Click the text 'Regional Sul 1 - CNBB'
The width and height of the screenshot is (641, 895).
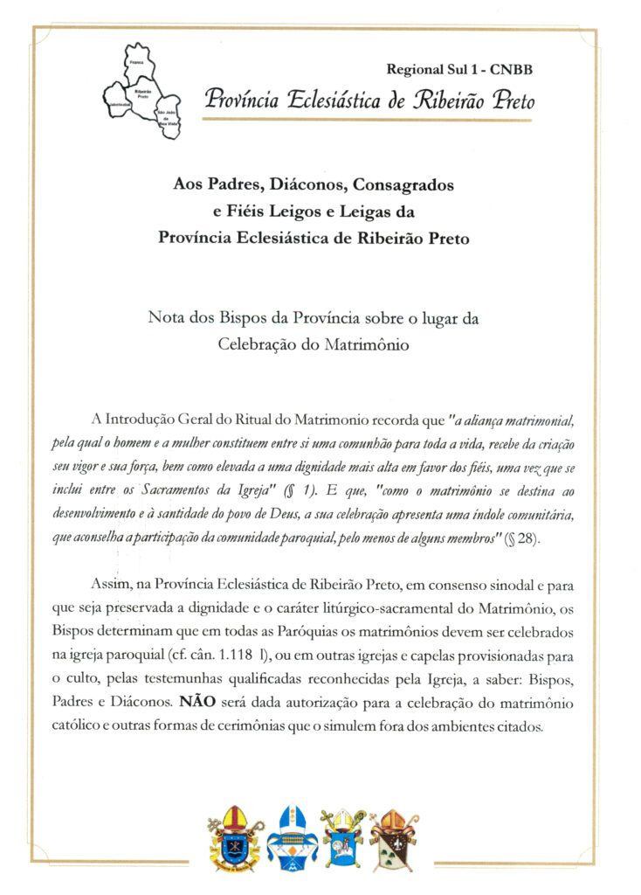pos(458,68)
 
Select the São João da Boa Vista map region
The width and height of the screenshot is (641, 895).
pos(166,116)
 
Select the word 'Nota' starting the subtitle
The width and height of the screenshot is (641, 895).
pos(166,319)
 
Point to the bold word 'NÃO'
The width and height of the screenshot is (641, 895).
pos(196,701)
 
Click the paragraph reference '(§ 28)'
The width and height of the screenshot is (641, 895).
pos(522,538)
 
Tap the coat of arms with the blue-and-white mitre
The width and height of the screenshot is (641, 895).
pos(292,837)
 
